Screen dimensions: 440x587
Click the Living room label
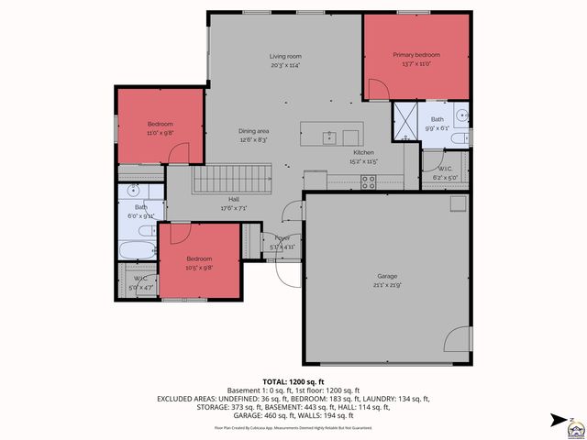click(285, 56)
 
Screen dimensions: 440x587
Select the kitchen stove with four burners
click(369, 181)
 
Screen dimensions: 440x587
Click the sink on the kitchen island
click(328, 137)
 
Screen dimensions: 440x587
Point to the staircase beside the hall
click(232, 178)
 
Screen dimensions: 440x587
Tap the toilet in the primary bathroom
click(463, 138)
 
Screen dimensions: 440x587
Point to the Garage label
click(387, 275)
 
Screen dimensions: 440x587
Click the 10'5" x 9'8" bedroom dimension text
click(199, 268)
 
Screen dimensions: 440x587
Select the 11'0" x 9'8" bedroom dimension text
click(161, 132)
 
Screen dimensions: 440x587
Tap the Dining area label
click(254, 131)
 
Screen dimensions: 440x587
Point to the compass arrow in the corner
click(558, 420)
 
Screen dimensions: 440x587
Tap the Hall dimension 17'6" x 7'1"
click(234, 207)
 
